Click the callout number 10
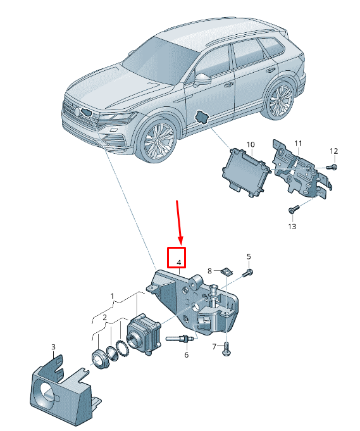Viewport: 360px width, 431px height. pos(251,144)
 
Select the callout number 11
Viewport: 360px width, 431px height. pos(298,143)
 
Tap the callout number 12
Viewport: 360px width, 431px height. pos(333,151)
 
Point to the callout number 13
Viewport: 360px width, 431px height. pos(292,227)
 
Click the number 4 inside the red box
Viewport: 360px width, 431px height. pos(179,263)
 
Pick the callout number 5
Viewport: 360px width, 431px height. pos(249,256)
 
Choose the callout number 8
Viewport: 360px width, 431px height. pos(209,271)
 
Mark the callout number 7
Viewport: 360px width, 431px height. pos(214,347)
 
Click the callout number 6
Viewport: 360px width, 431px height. pos(186,355)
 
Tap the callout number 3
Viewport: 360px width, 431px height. pos(53,347)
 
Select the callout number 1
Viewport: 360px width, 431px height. pos(112,296)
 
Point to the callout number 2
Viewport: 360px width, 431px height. pos(104,318)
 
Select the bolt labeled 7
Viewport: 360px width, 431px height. pos(227,349)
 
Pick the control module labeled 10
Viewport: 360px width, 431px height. pos(246,172)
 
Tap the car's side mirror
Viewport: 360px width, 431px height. pos(202,79)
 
